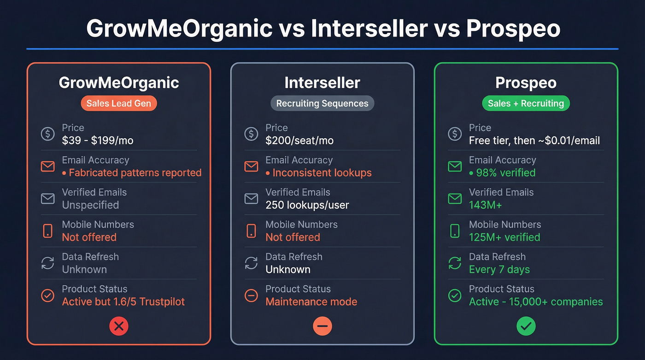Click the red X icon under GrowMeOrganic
click(119, 326)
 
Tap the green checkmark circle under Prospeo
click(526, 326)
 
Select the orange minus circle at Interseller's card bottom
click(322, 326)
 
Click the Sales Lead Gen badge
click(119, 103)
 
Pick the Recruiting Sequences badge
click(322, 103)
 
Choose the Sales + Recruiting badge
click(526, 103)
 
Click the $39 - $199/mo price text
click(98, 141)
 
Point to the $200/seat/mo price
click(299, 141)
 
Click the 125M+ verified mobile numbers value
click(504, 237)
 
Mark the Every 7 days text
click(499, 270)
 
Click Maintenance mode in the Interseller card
click(311, 302)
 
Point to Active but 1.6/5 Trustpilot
click(123, 302)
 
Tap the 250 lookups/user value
click(307, 205)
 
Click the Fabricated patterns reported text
click(135, 173)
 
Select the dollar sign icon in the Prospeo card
click(455, 134)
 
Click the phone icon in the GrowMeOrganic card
click(47, 230)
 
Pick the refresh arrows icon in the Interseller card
click(251, 263)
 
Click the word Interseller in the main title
click(369, 29)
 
